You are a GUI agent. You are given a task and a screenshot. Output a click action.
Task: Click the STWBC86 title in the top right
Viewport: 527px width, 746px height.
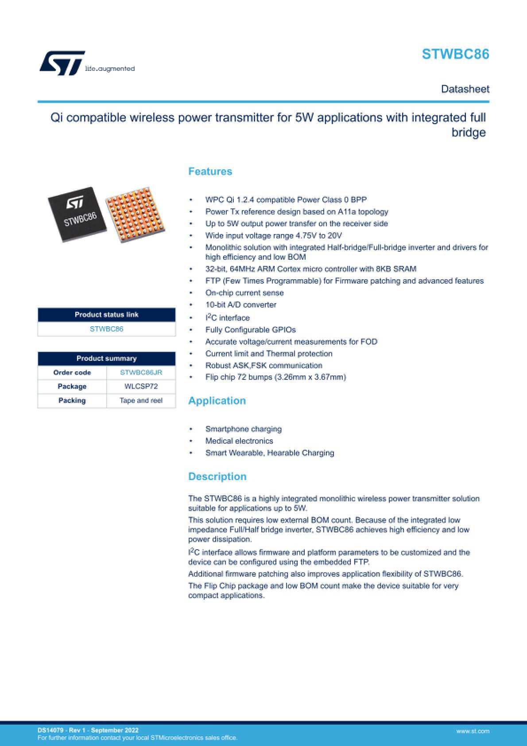(455, 54)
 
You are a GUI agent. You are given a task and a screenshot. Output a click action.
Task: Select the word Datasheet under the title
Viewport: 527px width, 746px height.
(465, 89)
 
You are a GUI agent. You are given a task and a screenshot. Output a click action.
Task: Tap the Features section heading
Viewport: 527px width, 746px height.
(210, 172)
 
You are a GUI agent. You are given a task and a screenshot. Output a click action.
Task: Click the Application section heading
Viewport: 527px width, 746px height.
(217, 401)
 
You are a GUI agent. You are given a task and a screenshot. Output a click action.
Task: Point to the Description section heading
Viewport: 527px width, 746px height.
(217, 477)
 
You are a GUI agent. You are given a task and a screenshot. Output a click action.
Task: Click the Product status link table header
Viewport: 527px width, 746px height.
(106, 315)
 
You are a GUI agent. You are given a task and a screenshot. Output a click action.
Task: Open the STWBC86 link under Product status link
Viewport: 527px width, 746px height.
(106, 329)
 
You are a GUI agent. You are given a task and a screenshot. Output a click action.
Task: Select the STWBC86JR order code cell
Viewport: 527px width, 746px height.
(141, 372)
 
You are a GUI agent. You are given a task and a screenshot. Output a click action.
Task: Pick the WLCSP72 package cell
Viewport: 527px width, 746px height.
(141, 387)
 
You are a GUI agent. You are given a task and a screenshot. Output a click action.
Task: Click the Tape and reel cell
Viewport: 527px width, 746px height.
(141, 401)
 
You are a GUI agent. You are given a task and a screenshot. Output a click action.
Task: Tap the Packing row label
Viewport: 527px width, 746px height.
(72, 401)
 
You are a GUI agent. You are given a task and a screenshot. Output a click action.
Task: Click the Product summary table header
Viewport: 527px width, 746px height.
(106, 358)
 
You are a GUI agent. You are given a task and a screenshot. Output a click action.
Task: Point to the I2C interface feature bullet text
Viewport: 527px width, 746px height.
(227, 318)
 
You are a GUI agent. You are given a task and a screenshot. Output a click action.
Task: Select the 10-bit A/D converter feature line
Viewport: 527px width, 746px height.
(240, 305)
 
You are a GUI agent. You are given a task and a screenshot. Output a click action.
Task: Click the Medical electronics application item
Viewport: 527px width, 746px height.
(239, 441)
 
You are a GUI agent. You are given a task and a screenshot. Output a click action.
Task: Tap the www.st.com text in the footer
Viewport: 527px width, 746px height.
(473, 731)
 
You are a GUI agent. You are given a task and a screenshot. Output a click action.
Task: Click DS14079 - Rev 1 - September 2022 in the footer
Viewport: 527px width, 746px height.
(88, 730)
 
